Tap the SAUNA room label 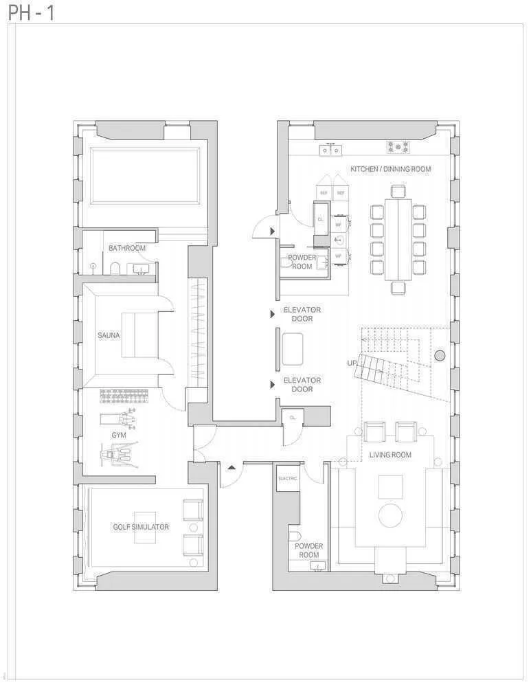point(109,335)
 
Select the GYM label point(119,435)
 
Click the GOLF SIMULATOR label point(141,527)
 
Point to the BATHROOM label point(127,248)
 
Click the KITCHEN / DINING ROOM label point(391,169)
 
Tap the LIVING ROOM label point(390,455)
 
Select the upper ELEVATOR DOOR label point(302,314)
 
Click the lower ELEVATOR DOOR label point(302,385)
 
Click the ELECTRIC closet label point(288,478)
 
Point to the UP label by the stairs point(352,363)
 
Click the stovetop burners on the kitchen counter point(398,146)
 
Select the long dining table point(398,239)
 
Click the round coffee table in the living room point(390,515)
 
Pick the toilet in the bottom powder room point(295,536)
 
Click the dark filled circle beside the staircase point(440,355)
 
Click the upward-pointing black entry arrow point(231,468)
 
